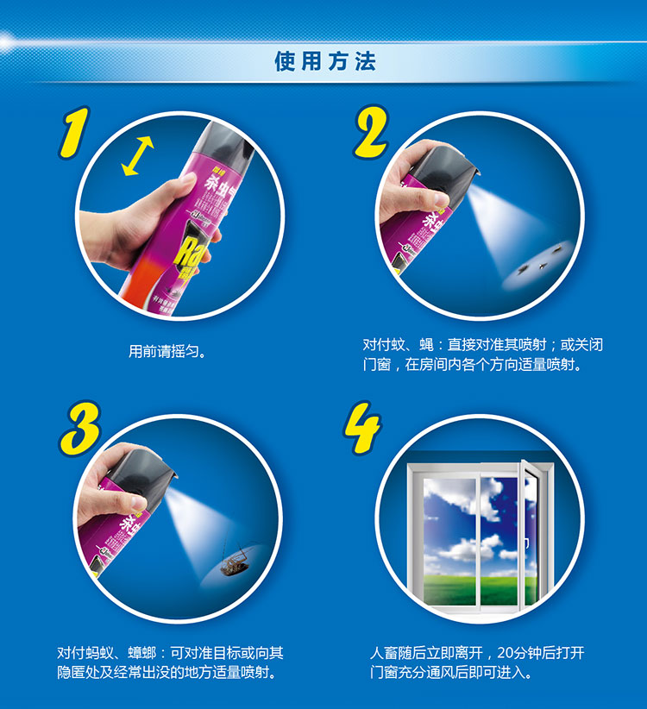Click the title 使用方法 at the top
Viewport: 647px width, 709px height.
(325, 61)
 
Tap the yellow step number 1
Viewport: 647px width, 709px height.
(74, 133)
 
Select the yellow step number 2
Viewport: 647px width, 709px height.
(372, 132)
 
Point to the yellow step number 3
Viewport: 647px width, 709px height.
(79, 428)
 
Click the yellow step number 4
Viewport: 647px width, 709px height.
(362, 428)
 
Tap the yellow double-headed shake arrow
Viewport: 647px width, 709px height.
(138, 156)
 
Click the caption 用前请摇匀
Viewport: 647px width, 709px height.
(166, 351)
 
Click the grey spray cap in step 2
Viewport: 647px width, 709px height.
(445, 169)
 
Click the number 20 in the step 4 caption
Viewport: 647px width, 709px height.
(506, 653)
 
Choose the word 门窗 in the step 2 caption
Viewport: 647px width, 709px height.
(377, 365)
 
